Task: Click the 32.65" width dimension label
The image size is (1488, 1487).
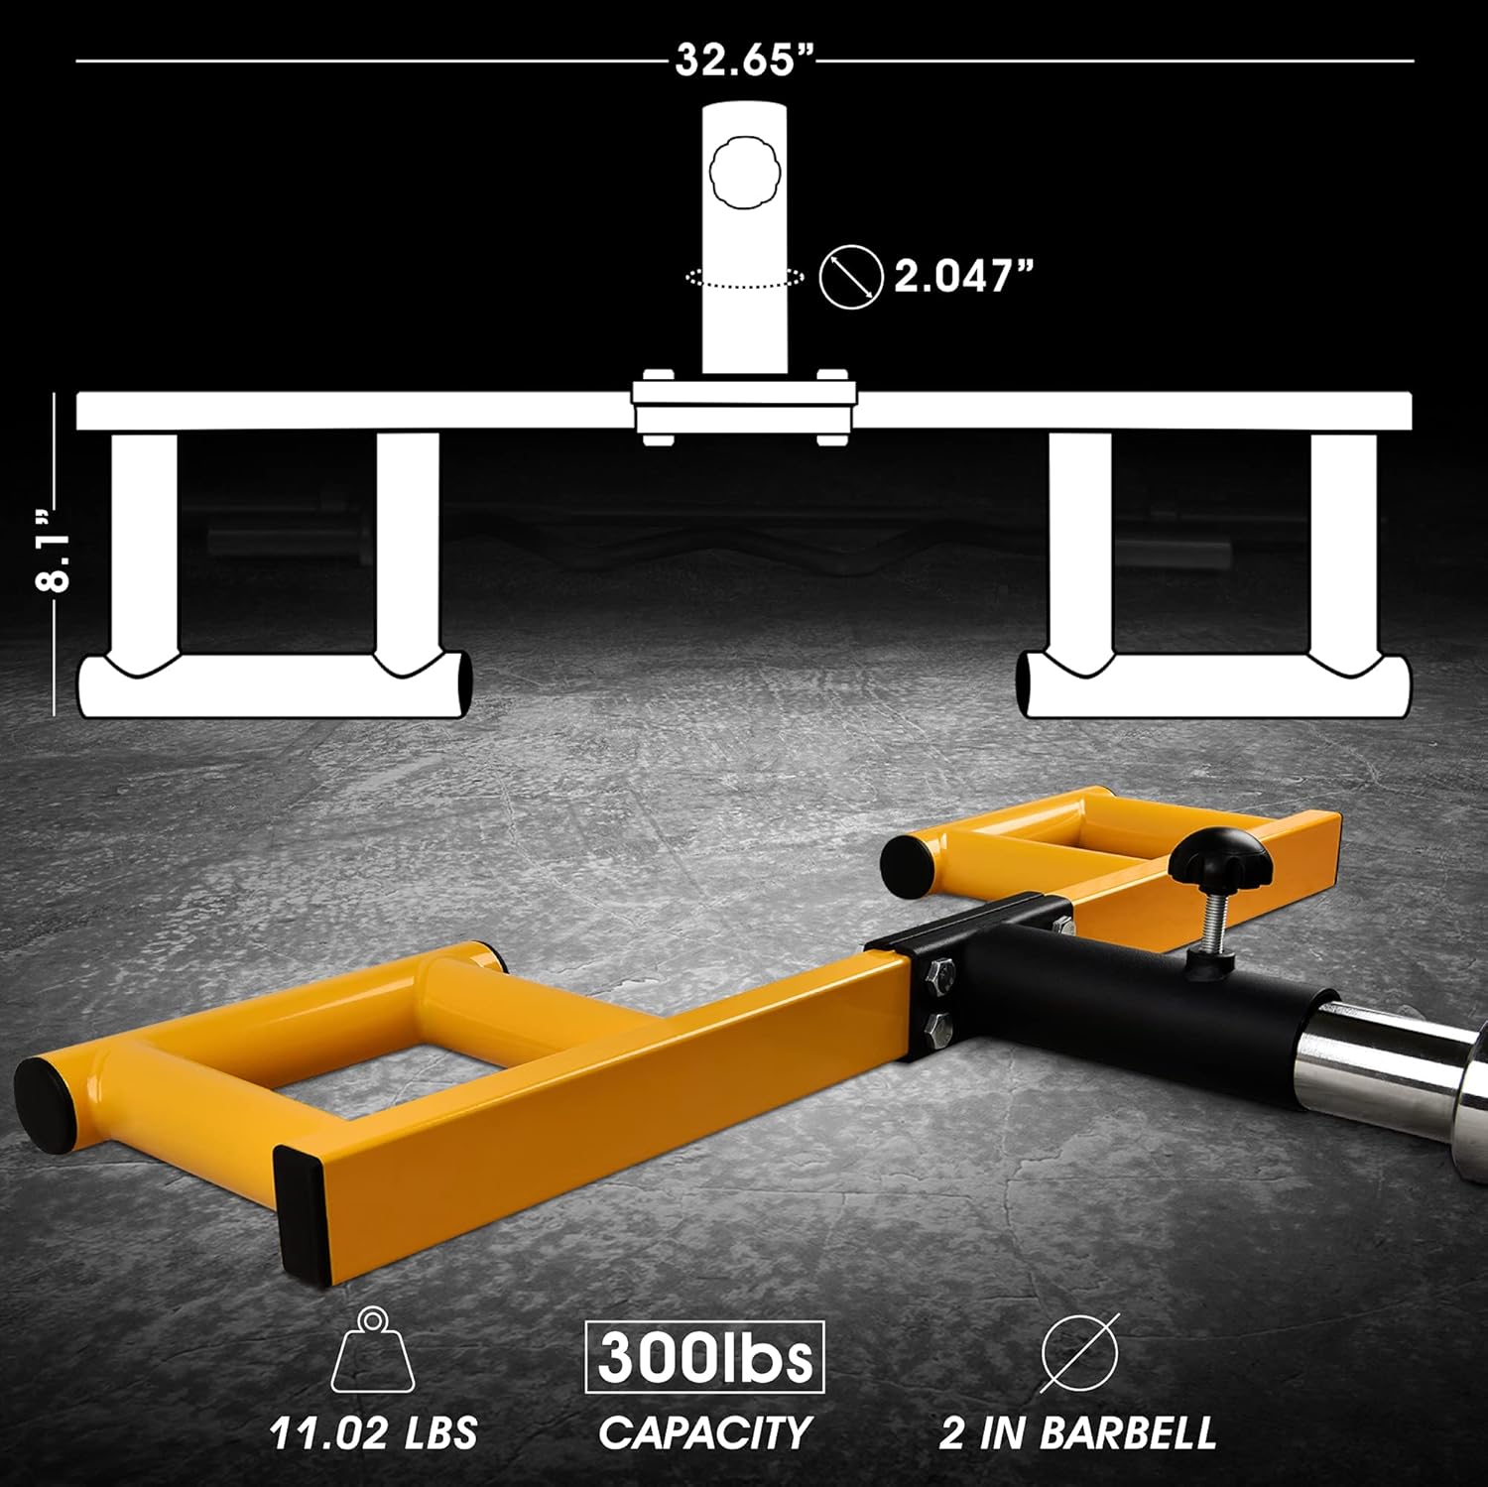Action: pyautogui.click(x=744, y=60)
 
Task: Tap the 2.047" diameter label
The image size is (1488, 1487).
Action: pyautogui.click(x=963, y=276)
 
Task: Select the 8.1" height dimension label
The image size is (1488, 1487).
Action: pyautogui.click(x=55, y=552)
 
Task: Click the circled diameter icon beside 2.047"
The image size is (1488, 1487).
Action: pyautogui.click(x=851, y=276)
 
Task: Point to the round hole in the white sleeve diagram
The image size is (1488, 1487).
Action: pyautogui.click(x=744, y=173)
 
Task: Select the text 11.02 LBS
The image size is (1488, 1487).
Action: pyautogui.click(x=373, y=1432)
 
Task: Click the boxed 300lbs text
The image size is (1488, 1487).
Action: pyautogui.click(x=704, y=1357)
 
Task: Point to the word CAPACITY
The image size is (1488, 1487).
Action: pyautogui.click(x=704, y=1432)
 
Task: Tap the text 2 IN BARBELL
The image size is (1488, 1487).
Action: pyautogui.click(x=1077, y=1432)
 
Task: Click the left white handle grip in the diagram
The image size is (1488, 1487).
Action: pyautogui.click(x=274, y=685)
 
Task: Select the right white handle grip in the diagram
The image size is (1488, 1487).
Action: pyautogui.click(x=1216, y=685)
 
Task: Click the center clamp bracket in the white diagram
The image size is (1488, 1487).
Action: pyautogui.click(x=744, y=408)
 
